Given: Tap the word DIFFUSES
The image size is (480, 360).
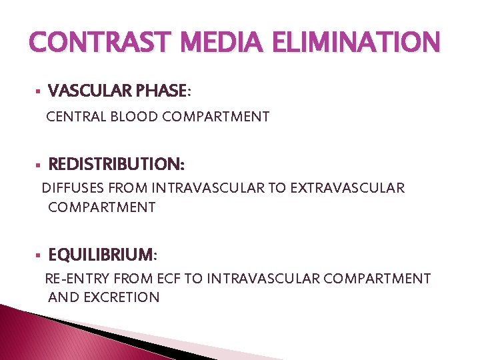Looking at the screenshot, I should (x=72, y=188).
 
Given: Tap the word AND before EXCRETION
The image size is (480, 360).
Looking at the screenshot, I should (x=63, y=297).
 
